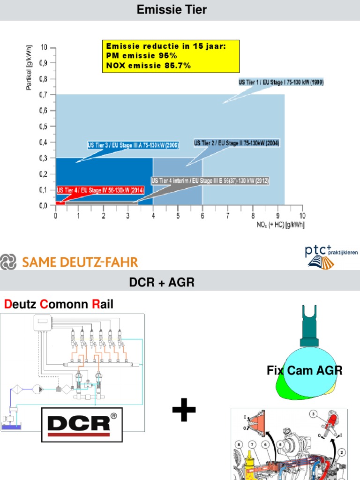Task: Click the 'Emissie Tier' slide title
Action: pos(172,9)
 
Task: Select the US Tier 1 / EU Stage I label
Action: pos(281,82)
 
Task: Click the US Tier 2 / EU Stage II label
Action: pos(237,143)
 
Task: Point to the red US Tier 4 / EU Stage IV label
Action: pos(100,190)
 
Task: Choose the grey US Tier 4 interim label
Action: pos(210,180)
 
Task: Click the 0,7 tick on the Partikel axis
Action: pos(43,95)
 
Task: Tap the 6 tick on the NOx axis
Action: pos(202,215)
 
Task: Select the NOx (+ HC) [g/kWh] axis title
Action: pos(280,225)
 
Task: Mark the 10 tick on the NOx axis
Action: pos(302,215)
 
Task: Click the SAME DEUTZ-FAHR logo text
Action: pos(80,262)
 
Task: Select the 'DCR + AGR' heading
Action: pos(162,283)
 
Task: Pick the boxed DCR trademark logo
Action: pos(82,424)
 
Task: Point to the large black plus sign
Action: pos(184,412)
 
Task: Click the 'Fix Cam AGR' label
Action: pos(305,371)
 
